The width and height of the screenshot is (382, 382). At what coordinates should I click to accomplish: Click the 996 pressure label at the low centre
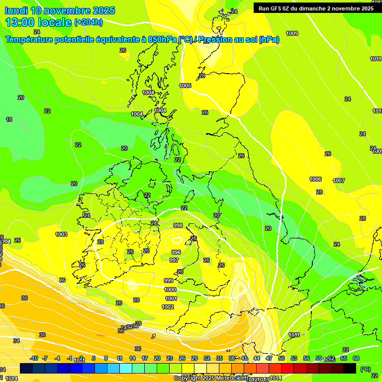[176, 252]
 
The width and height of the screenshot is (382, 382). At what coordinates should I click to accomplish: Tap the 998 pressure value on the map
[178, 225]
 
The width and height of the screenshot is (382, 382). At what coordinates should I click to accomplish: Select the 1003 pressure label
[61, 234]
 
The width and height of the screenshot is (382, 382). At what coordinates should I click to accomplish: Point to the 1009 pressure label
[292, 33]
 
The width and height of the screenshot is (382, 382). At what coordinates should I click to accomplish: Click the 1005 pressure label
[185, 86]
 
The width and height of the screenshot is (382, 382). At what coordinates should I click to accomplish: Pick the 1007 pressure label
[339, 181]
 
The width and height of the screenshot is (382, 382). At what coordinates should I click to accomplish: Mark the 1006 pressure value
[315, 179]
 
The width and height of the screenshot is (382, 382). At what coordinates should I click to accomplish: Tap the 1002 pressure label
[168, 307]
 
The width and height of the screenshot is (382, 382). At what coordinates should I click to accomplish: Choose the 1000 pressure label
[170, 289]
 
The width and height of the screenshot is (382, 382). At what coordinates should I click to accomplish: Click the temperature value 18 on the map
[9, 119]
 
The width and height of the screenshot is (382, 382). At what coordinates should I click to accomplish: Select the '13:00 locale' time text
[39, 22]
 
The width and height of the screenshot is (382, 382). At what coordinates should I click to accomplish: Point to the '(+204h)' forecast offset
[89, 22]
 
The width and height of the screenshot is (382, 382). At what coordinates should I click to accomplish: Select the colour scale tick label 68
[356, 358]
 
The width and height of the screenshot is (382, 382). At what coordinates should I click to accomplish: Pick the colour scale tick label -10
[34, 358]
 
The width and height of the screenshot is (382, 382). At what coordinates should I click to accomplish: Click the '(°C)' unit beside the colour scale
[365, 369]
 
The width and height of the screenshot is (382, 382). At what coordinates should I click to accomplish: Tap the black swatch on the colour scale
[350, 369]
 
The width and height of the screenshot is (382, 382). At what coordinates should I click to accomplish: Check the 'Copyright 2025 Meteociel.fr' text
[209, 378]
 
